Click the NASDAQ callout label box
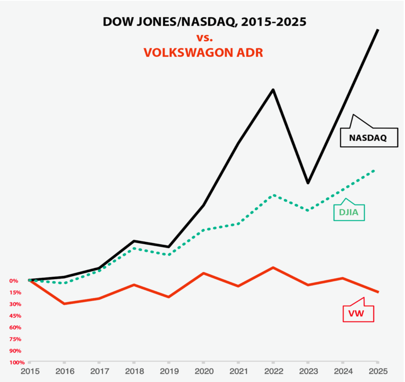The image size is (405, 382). click(x=369, y=138)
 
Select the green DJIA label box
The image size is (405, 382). click(x=349, y=212)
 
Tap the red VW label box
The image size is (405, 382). click(x=358, y=313)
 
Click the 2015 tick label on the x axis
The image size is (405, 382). click(x=30, y=371)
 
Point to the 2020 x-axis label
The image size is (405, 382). click(x=204, y=371)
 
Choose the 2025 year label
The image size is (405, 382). click(x=378, y=371)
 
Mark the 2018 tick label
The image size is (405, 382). click(x=134, y=371)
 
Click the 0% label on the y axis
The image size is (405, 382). click(x=14, y=281)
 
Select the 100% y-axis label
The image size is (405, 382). click(x=17, y=362)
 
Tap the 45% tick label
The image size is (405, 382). click(x=15, y=316)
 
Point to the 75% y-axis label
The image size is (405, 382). click(x=15, y=339)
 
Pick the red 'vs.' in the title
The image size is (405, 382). click(x=205, y=38)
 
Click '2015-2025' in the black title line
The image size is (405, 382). click(x=274, y=22)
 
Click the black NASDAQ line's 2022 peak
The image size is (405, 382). click(x=273, y=90)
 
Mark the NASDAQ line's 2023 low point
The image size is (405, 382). click(x=308, y=183)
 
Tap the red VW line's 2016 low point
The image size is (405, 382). click(x=65, y=304)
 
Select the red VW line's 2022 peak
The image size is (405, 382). click(x=273, y=267)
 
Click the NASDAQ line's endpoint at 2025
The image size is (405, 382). click(x=378, y=30)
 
